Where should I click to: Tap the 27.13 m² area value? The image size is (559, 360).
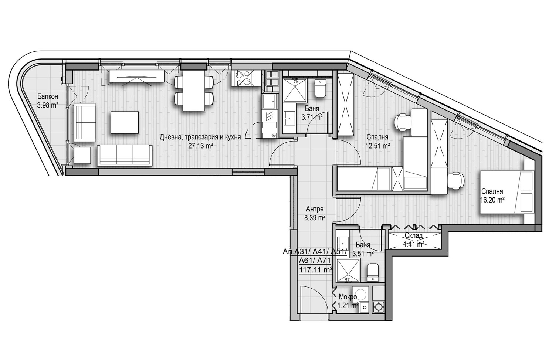[x=200, y=146]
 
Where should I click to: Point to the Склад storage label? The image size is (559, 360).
[x=413, y=235]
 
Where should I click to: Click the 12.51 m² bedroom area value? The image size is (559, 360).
[x=378, y=146]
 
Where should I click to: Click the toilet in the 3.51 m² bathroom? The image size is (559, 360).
[x=373, y=272]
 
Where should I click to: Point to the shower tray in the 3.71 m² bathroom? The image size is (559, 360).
[x=295, y=91]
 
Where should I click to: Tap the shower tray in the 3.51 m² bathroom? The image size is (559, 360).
[x=348, y=271]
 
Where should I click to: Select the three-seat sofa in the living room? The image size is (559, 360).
[x=125, y=155]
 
